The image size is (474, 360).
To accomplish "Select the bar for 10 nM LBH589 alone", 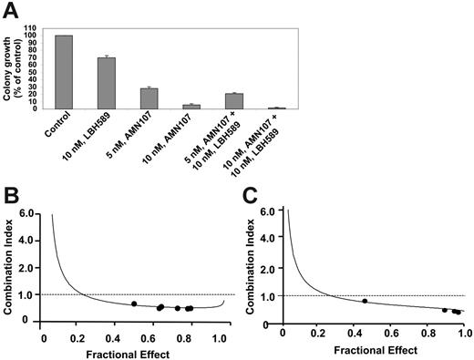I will [x=107, y=83].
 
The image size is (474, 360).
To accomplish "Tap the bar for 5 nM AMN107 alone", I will [x=149, y=98].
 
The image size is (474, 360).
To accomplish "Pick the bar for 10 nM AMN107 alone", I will [x=191, y=106].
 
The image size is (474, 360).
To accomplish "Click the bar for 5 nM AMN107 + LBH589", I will [x=234, y=100].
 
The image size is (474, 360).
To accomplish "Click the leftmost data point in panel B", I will [x=134, y=303].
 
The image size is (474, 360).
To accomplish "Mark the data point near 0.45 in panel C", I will [x=366, y=301].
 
